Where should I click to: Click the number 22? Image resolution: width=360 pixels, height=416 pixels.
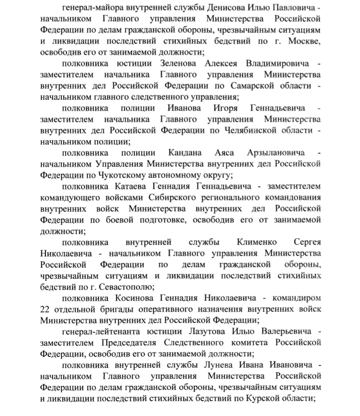46,309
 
